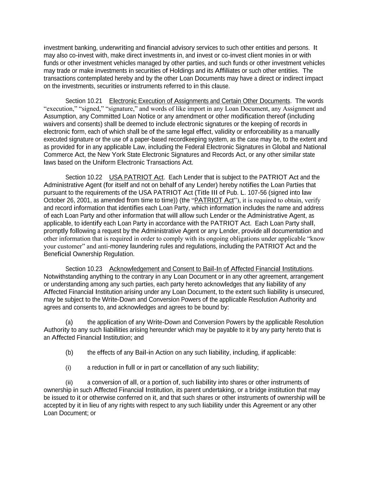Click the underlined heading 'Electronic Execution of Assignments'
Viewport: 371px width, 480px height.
199,101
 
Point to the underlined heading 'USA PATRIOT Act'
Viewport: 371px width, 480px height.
136,177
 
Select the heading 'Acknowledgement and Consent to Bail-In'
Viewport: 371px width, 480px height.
210,269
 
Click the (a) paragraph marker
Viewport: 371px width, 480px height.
69,322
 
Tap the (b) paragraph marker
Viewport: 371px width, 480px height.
69,353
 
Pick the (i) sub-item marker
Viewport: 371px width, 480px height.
68,368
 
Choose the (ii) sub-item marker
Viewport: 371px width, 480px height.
69,383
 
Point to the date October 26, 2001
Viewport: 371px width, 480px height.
65,200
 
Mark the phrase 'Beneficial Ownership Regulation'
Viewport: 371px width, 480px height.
89,254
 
